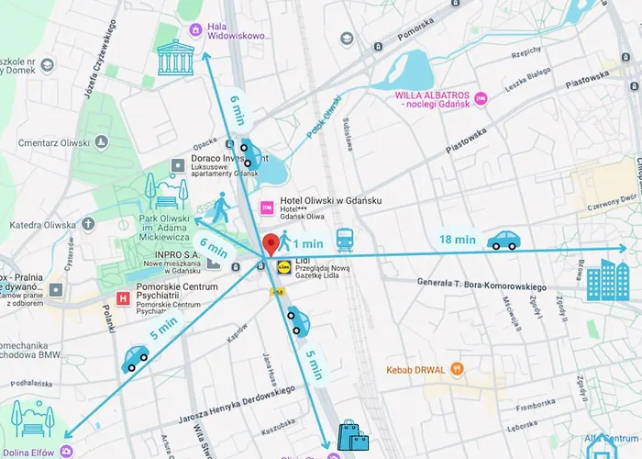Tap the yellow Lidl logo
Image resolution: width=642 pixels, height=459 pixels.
tap(282, 265)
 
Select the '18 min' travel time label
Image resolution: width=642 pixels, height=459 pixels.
tap(458, 240)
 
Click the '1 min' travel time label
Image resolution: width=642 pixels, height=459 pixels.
tap(308, 243)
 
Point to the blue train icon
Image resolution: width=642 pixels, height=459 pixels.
tap(345, 240)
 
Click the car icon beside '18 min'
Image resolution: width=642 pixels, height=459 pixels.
tap(504, 241)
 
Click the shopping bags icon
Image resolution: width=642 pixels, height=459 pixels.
tap(352, 436)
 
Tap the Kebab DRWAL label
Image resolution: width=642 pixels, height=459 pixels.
tap(415, 370)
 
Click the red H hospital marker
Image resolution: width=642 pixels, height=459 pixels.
tap(124, 297)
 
